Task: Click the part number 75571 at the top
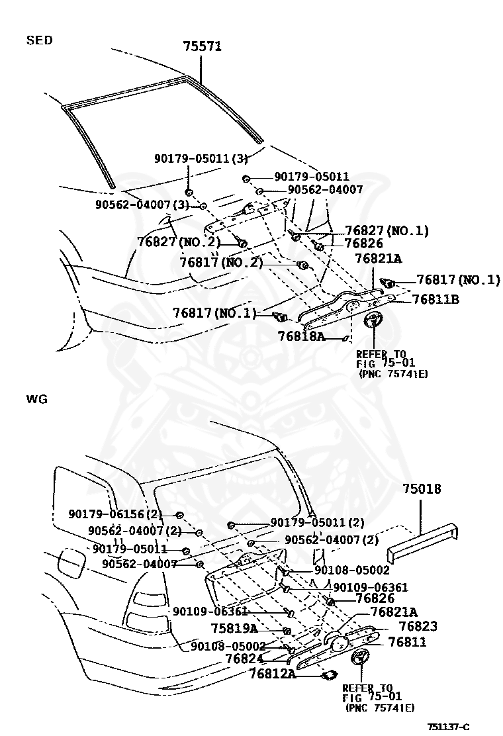point(202,46)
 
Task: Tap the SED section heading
point(39,40)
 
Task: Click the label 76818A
point(301,336)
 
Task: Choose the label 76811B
point(435,299)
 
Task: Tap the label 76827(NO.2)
point(179,242)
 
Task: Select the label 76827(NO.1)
point(387,231)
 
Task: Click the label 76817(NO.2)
point(221,262)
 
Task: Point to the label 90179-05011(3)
point(192,159)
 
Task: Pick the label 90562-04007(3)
point(142,205)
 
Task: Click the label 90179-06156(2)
point(115,514)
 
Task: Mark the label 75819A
point(234,628)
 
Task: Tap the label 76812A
point(272,674)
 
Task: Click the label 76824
point(244,659)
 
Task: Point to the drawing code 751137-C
point(448,727)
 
